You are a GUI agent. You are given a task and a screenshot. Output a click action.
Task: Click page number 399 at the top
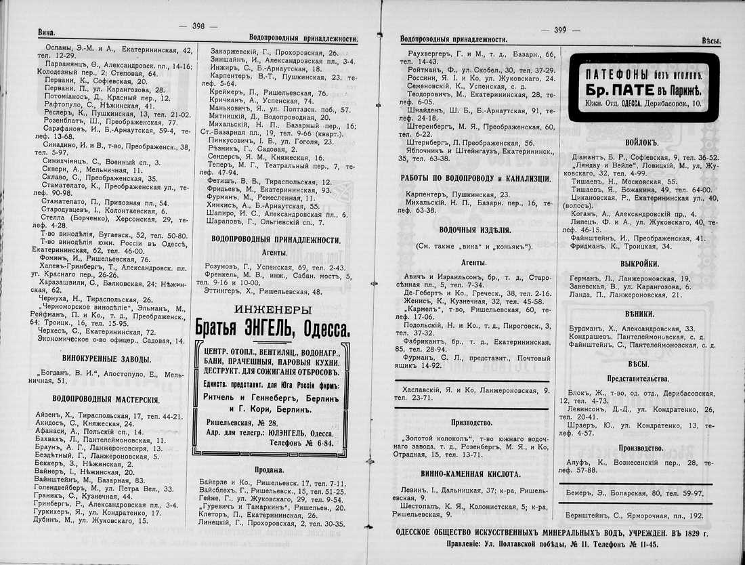click(x=559, y=30)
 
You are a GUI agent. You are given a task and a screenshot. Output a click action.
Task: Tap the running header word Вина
click(x=46, y=32)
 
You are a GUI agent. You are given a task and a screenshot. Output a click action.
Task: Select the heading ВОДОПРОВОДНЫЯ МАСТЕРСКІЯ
click(x=106, y=400)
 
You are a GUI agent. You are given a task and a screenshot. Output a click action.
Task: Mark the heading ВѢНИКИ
click(x=639, y=314)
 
